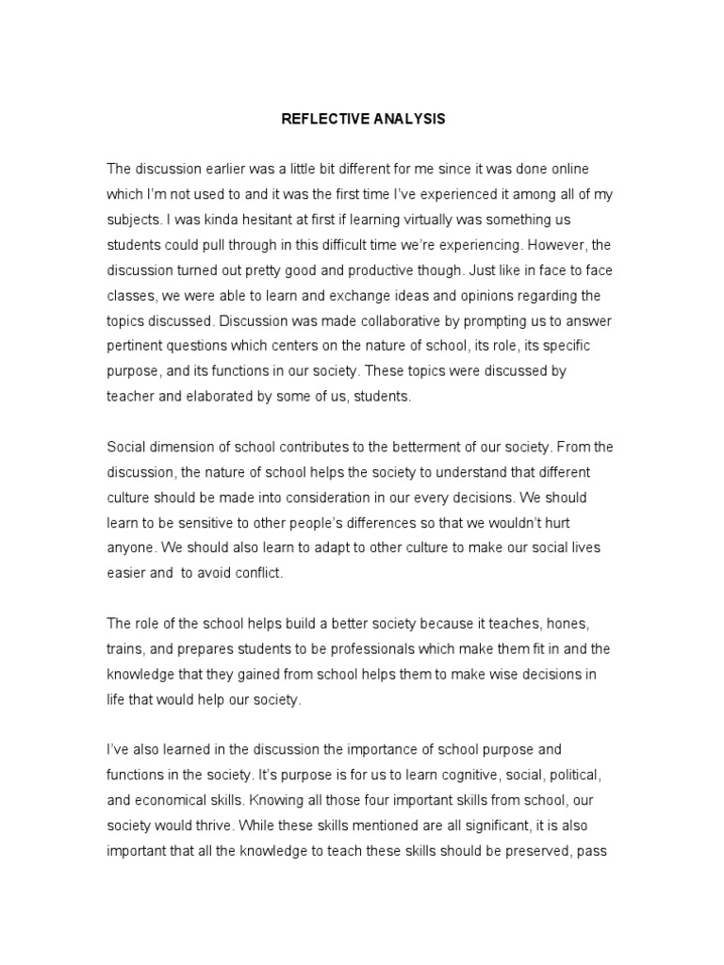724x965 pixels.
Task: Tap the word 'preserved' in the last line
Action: (x=536, y=853)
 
